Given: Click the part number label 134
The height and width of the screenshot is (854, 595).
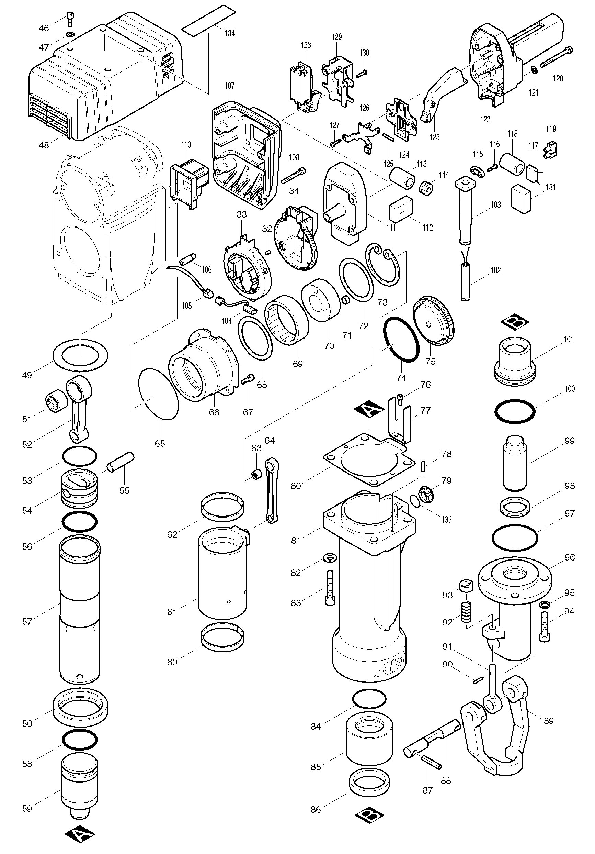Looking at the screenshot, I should (230, 33).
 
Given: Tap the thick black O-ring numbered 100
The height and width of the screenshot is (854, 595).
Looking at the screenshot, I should (515, 411).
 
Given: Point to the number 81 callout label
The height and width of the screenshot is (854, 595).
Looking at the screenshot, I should (296, 541).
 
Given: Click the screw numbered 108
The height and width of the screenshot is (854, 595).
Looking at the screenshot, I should (294, 176).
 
